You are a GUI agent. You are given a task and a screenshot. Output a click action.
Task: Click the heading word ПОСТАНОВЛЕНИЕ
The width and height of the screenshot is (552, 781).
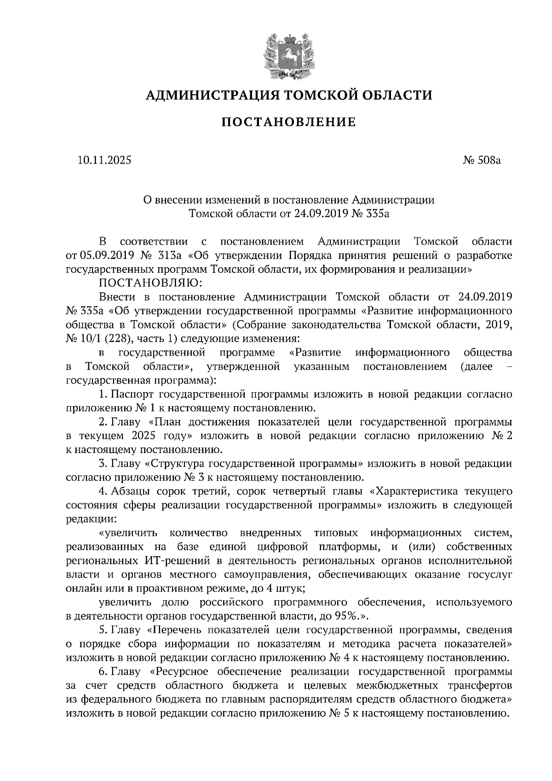coord(289,122)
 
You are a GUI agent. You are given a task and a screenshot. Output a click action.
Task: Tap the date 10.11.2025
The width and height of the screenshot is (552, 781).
coord(104,161)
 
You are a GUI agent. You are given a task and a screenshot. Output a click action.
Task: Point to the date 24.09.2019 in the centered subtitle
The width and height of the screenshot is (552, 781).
coord(321,214)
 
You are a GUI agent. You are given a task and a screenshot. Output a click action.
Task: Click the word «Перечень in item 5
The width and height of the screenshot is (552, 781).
coord(173,630)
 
